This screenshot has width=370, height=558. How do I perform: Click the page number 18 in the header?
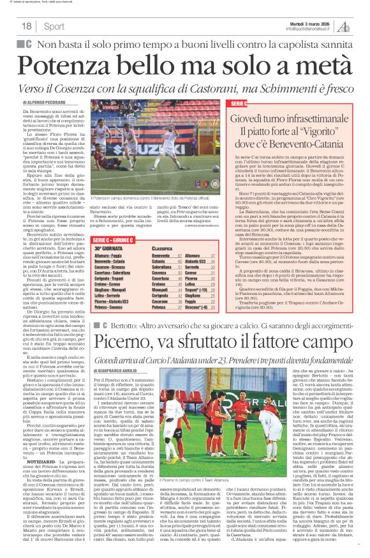tap(26, 26)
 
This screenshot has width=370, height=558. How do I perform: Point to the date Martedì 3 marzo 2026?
tap(312, 22)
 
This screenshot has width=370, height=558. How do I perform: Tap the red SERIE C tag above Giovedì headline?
tap(236, 102)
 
